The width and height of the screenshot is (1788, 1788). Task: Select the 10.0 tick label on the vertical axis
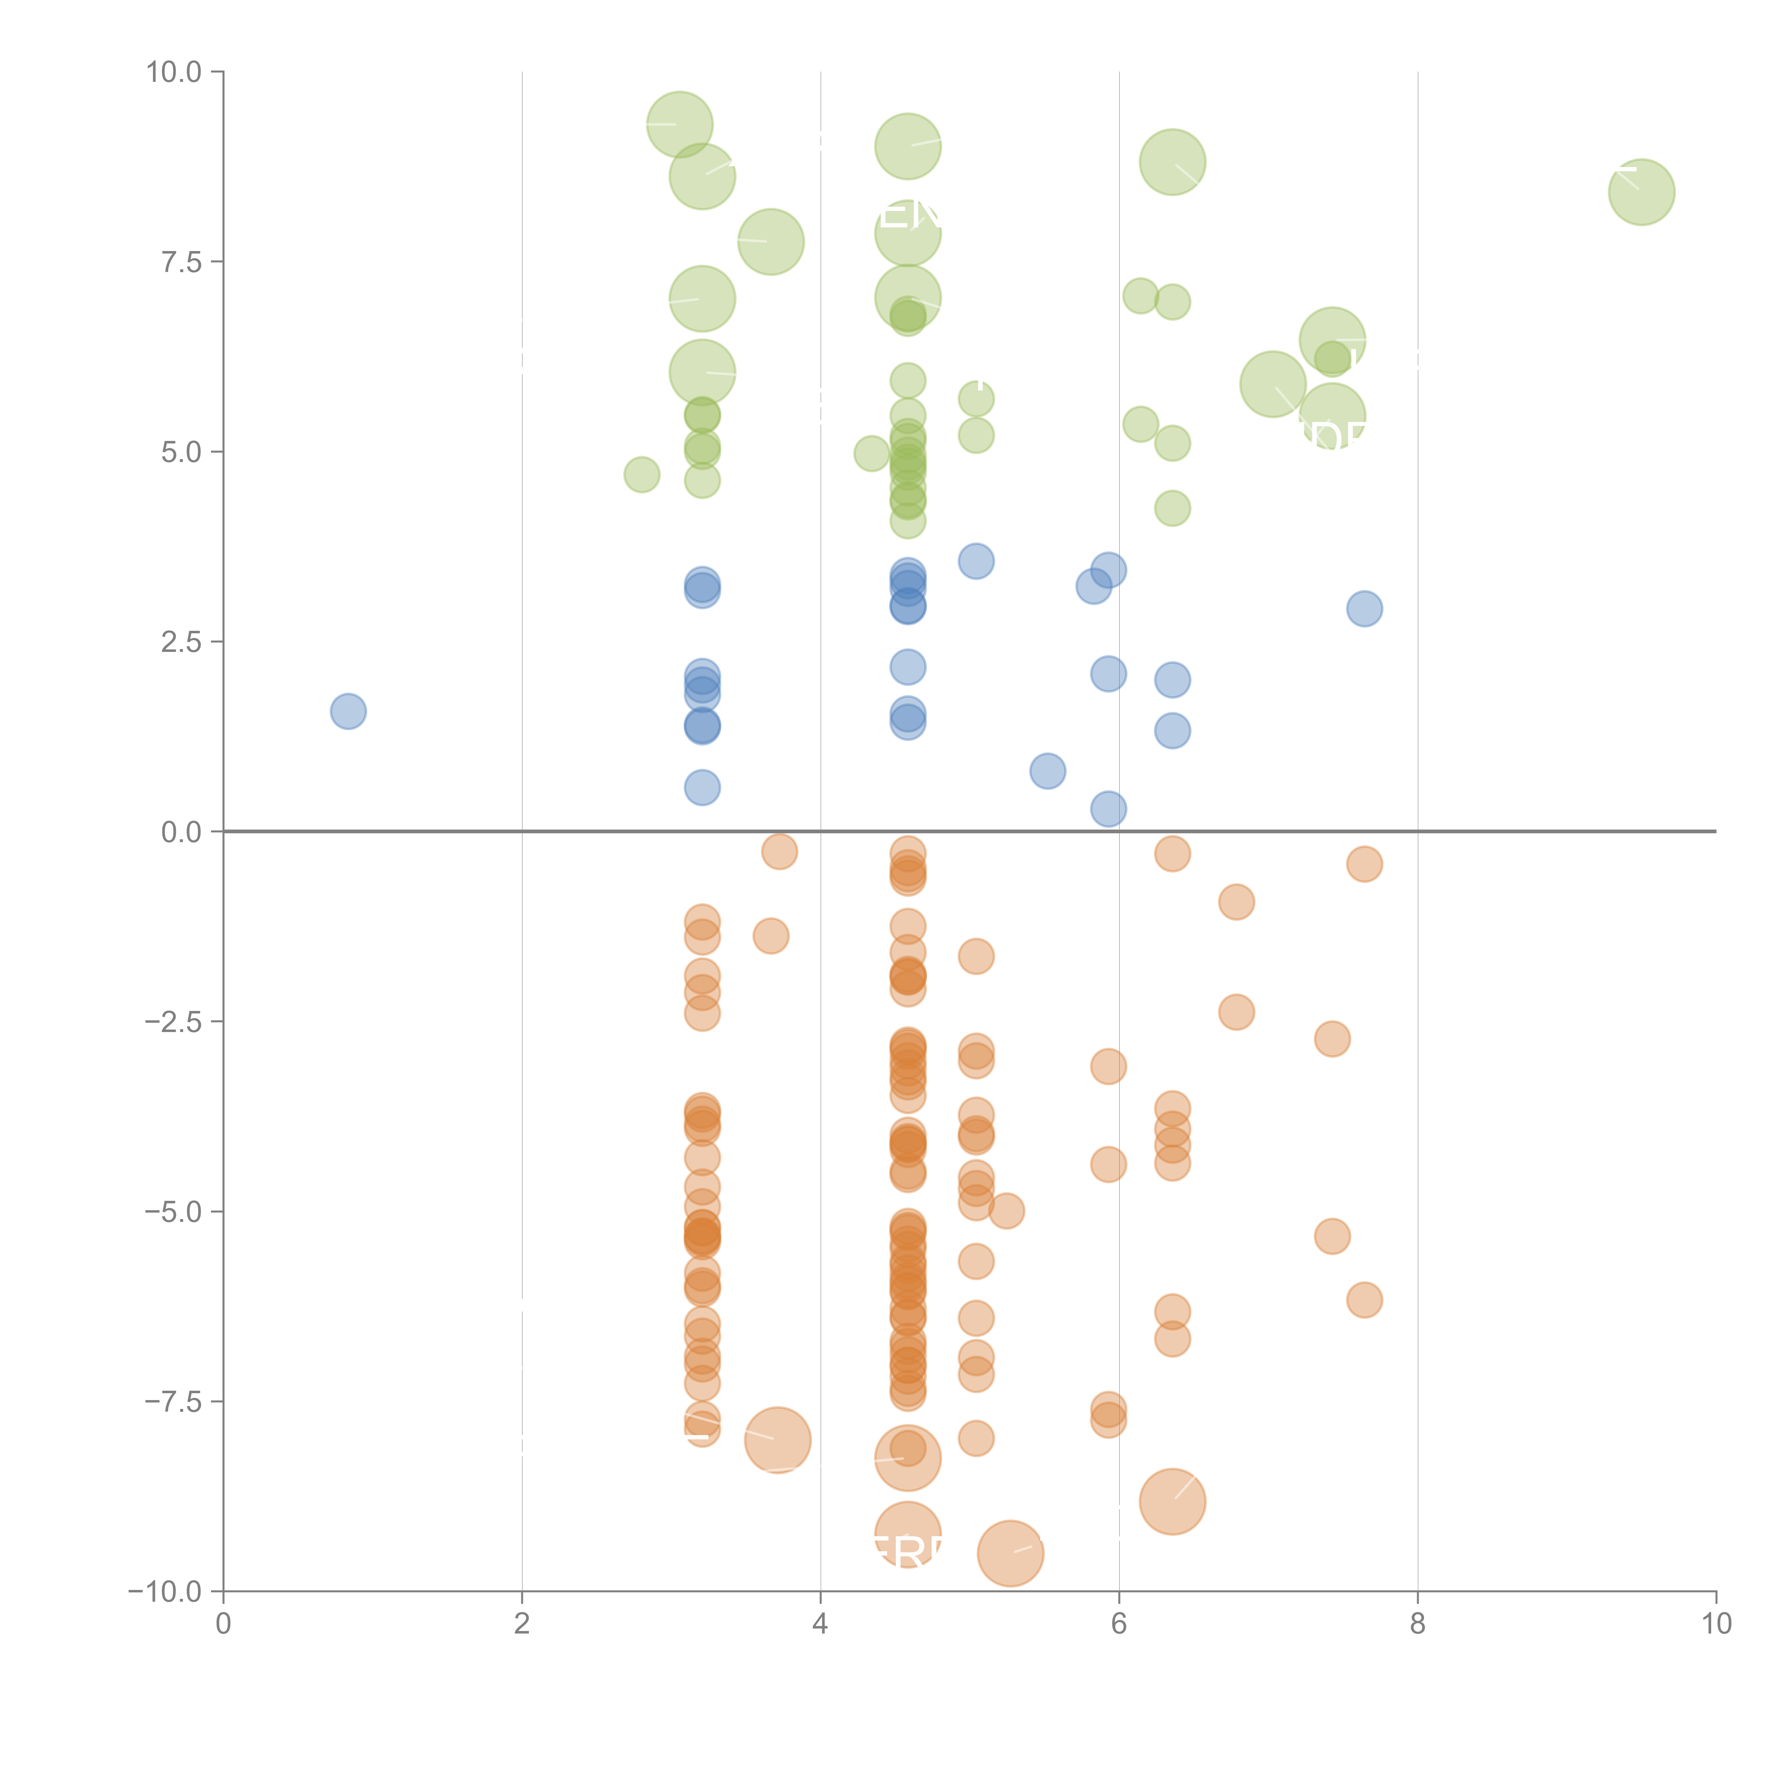(x=174, y=72)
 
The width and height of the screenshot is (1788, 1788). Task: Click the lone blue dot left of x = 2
(x=348, y=711)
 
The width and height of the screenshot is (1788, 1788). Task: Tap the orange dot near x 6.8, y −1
(x=1237, y=902)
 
